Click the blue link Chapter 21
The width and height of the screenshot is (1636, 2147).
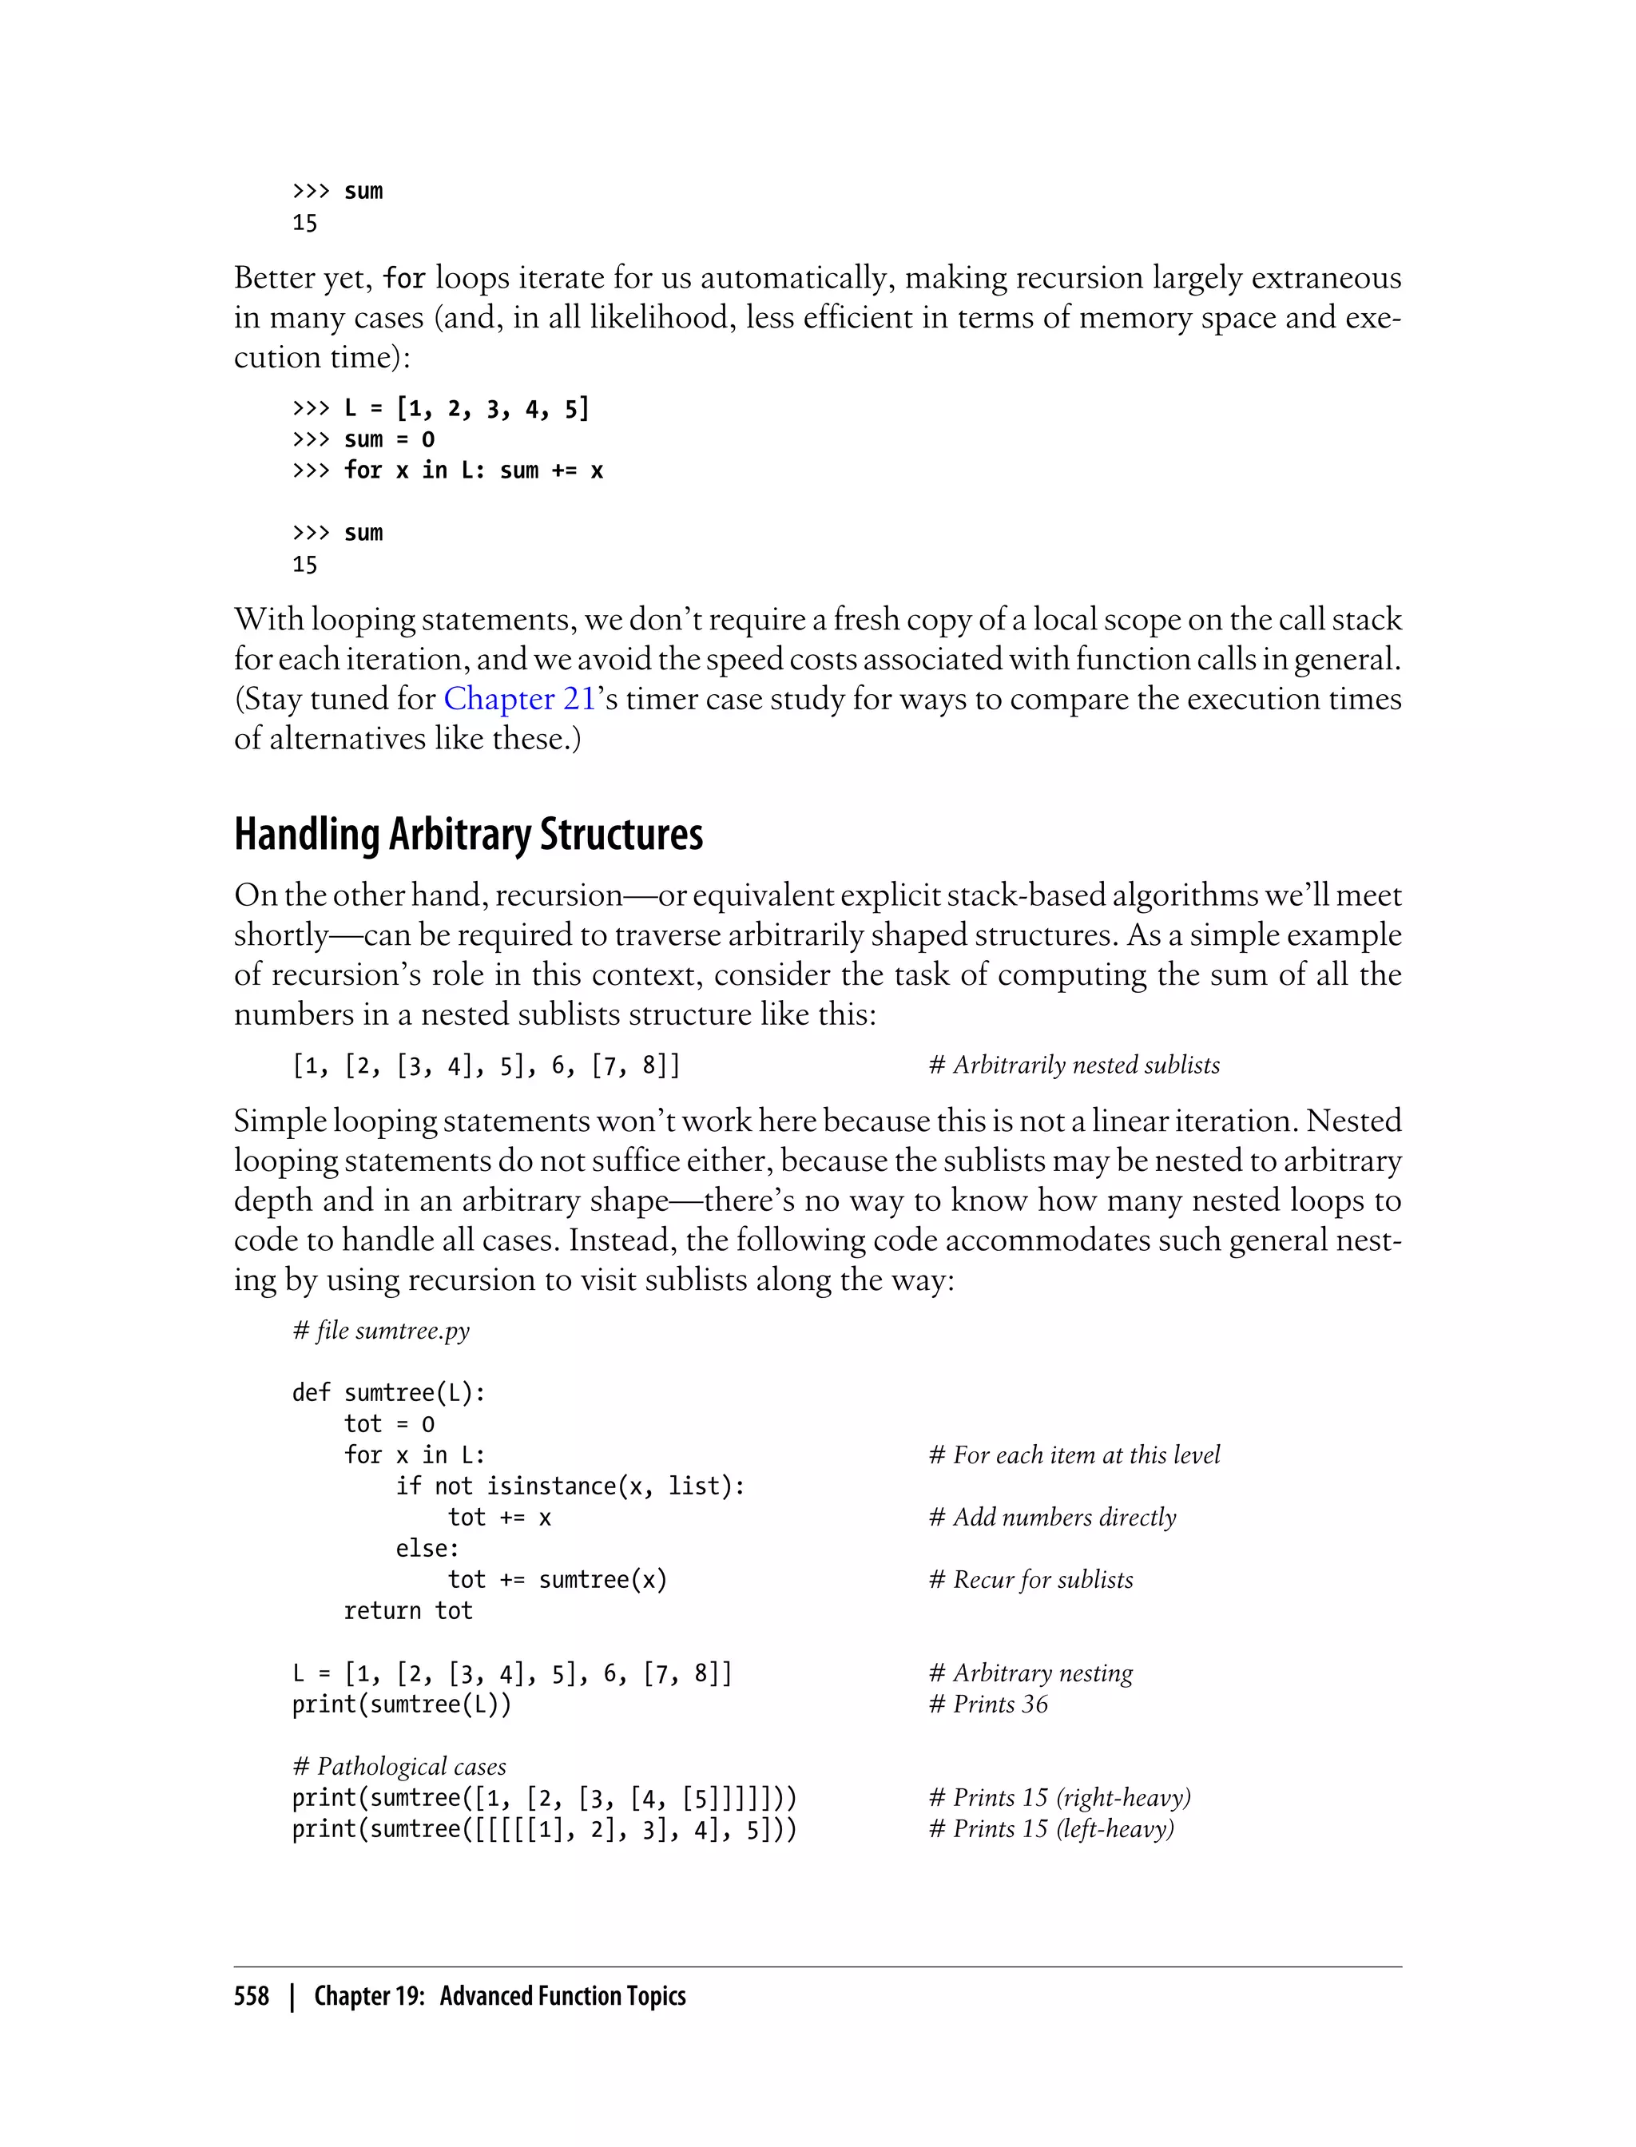click(x=518, y=699)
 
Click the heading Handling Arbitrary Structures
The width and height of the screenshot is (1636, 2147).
click(x=468, y=835)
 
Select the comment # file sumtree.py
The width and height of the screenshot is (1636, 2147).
click(x=381, y=1330)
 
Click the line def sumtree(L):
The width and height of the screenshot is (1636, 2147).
click(x=388, y=1392)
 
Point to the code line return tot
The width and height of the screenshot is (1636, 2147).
click(x=407, y=1610)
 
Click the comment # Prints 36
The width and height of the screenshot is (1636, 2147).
click(x=988, y=1704)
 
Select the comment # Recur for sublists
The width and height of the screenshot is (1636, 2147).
click(x=1030, y=1579)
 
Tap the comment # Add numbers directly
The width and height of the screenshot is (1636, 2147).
click(x=1052, y=1517)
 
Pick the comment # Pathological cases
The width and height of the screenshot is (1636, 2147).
click(x=399, y=1766)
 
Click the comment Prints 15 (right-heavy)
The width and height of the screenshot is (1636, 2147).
click(x=1071, y=1797)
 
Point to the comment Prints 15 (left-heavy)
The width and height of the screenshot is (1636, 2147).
click(x=1062, y=1828)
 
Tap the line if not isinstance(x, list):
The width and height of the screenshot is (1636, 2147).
click(x=570, y=1486)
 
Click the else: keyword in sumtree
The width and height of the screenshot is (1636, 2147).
click(x=427, y=1548)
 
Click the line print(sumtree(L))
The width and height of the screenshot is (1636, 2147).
click(x=401, y=1704)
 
